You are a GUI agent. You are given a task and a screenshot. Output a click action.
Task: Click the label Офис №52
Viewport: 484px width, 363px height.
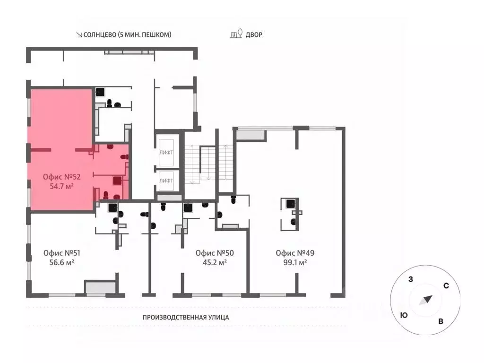point(62,177)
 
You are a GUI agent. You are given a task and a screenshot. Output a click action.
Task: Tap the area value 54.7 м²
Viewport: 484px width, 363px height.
point(62,186)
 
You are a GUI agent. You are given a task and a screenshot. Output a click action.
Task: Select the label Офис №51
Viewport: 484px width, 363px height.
point(62,253)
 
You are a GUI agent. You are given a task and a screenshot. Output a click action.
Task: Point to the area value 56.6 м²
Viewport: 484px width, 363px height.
point(62,263)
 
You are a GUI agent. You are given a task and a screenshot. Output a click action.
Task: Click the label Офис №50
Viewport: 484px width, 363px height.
point(215,253)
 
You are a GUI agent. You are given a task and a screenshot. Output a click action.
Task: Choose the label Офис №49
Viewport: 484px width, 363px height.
point(295,253)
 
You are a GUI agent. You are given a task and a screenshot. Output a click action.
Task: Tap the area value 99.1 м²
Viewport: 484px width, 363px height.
point(295,263)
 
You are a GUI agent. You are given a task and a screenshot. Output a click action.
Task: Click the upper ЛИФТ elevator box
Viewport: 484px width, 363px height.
point(166,153)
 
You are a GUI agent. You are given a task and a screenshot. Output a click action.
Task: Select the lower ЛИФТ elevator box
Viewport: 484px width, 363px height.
point(166,181)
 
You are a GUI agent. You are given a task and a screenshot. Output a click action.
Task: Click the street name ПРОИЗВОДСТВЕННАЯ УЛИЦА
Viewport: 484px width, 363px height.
point(186,317)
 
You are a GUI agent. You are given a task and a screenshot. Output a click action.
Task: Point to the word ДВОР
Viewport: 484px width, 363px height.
point(254,35)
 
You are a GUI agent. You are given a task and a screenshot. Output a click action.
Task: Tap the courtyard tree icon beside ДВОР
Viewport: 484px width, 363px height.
point(236,34)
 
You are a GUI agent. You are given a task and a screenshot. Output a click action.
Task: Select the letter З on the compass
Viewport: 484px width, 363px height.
point(411,279)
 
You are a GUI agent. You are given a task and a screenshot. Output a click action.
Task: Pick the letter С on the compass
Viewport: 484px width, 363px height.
point(446,286)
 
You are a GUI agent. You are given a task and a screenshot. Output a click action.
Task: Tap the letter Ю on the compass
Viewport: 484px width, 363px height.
point(404,315)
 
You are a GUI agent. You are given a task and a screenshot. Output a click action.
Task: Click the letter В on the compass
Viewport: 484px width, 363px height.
point(441,321)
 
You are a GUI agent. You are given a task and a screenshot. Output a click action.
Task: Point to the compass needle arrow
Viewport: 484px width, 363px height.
point(426,300)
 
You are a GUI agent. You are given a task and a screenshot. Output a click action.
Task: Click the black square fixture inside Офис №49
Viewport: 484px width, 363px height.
point(291,204)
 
